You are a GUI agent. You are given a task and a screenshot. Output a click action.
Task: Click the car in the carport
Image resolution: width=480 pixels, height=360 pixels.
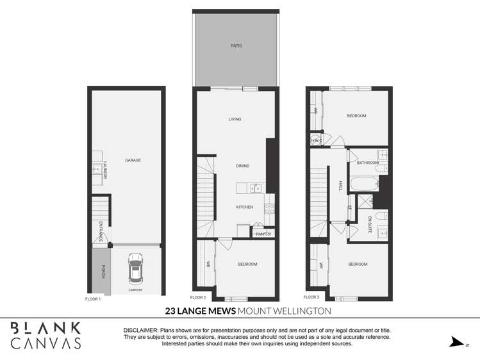point(136,269)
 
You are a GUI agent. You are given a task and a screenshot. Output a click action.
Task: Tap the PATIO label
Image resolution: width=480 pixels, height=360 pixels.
point(237,46)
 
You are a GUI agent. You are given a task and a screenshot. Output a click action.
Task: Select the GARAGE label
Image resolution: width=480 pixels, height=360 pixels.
point(133,160)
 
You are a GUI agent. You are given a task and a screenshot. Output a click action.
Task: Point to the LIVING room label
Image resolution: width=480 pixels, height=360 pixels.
point(235,119)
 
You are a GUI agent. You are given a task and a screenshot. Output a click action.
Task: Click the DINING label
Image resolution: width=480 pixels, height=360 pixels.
point(242,166)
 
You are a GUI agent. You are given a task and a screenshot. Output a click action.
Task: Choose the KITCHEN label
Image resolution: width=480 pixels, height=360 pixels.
point(244,207)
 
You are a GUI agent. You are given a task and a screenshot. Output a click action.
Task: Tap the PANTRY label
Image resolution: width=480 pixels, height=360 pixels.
point(263,234)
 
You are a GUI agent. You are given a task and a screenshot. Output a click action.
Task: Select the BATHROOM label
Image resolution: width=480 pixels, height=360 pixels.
point(368,163)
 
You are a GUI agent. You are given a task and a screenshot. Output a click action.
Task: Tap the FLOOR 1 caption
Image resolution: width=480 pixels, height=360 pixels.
point(93,299)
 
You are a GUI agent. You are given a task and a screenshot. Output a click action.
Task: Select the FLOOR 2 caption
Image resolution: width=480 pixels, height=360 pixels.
point(198,298)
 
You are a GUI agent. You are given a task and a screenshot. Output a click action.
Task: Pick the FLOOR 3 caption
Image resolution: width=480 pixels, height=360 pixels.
point(311,297)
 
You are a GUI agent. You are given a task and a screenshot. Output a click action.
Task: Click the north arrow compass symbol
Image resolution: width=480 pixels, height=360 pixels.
point(456,342)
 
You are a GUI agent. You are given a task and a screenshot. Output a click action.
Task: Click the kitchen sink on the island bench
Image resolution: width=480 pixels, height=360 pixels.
point(256,188)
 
